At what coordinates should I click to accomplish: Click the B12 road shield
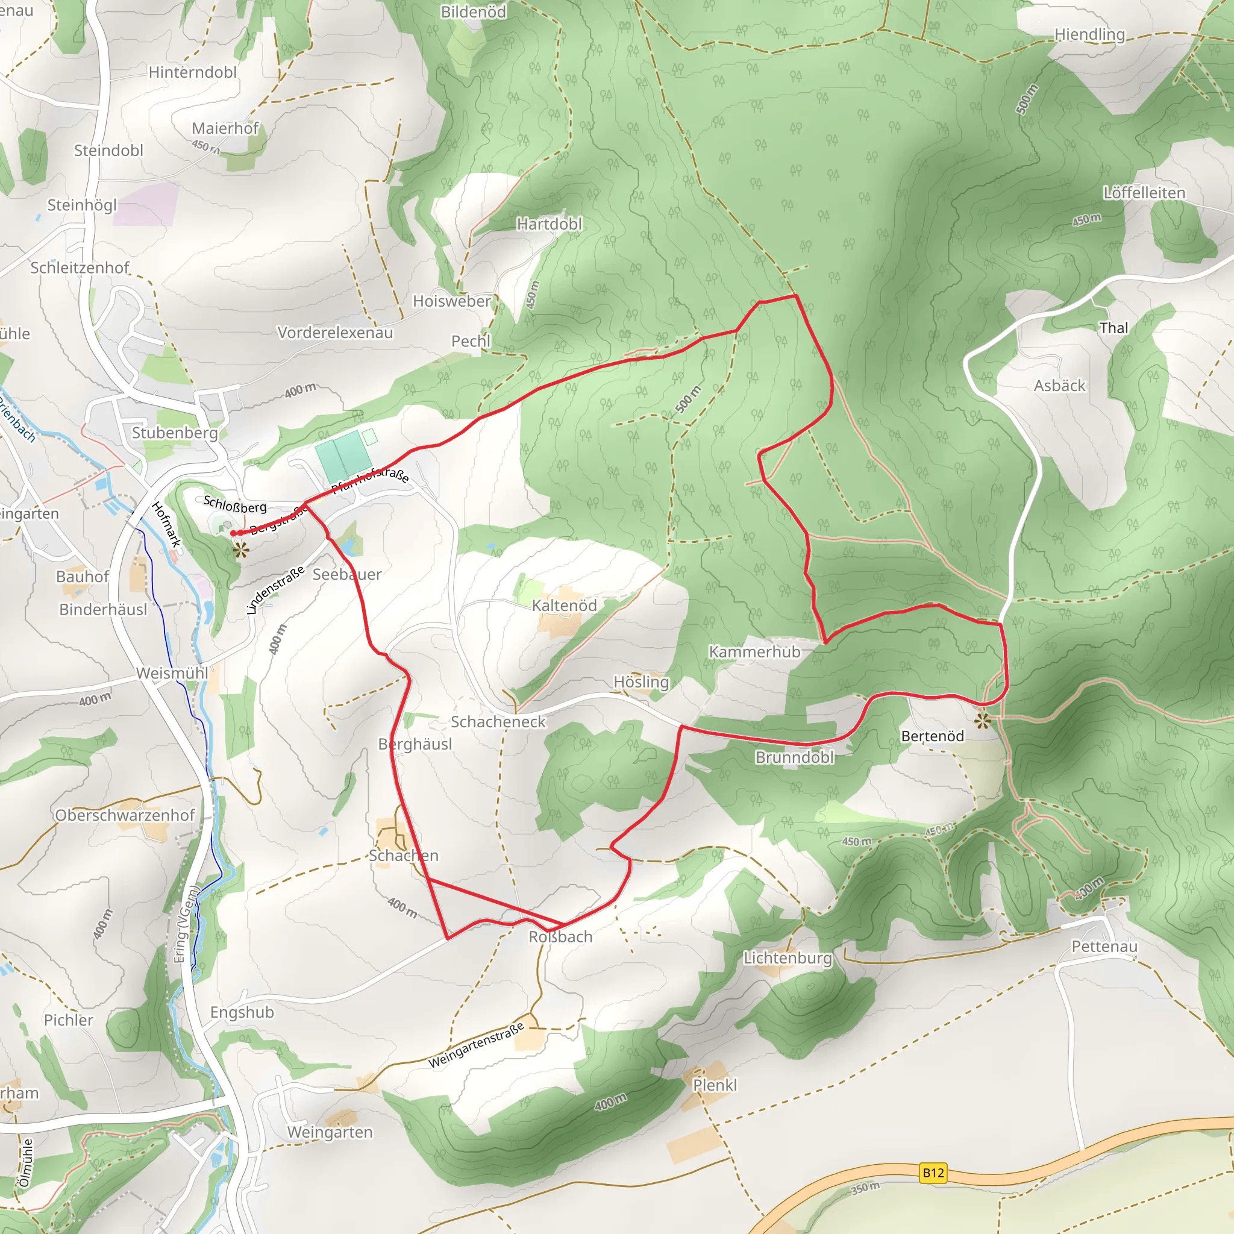coord(933,1173)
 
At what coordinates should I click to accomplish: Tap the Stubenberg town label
coord(174,433)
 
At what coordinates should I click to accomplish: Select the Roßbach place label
coord(560,937)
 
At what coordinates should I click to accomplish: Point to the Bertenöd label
coord(932,736)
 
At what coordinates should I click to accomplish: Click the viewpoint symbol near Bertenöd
coord(982,721)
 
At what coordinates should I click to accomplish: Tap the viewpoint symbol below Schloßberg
coord(240,550)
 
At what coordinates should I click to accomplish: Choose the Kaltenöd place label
coord(564,606)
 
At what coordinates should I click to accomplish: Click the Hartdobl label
coord(550,224)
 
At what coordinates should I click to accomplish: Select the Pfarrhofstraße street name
coord(371,479)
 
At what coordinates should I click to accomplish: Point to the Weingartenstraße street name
coord(476,1045)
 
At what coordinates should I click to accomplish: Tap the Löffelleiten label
coord(1144,193)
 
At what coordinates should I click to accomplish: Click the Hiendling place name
coord(1089,34)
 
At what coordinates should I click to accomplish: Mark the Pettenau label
coord(1104,947)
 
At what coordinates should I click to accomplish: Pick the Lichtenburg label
coord(788,958)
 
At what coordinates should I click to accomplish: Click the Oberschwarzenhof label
coord(125,816)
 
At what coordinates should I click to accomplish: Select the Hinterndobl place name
coord(192,73)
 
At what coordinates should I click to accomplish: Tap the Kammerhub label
coord(754,652)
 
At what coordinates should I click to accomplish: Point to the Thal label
coord(1113,328)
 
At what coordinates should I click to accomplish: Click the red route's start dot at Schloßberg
coord(233,533)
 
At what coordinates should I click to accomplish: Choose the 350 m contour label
coord(865,1189)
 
